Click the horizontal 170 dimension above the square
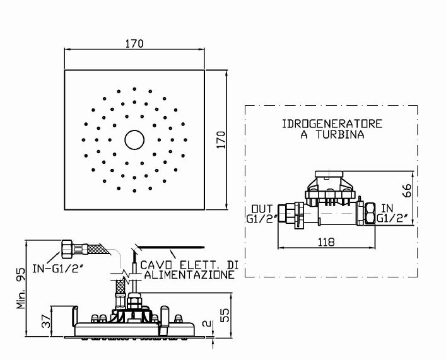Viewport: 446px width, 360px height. [x=134, y=44]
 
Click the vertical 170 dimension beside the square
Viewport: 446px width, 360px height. [x=221, y=139]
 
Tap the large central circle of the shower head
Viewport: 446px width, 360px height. [x=134, y=139]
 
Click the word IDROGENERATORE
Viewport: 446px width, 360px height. [x=332, y=124]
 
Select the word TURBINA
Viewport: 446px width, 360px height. [x=339, y=134]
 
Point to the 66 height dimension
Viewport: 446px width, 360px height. [x=407, y=190]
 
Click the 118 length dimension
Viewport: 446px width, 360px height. [x=326, y=242]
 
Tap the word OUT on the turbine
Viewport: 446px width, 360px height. [x=262, y=209]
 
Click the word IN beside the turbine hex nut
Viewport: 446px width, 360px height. [x=387, y=209]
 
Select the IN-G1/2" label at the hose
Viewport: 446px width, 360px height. [x=57, y=269]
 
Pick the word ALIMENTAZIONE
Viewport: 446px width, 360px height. [x=190, y=275]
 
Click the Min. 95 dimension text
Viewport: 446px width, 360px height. [x=21, y=288]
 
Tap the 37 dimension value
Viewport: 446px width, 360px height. [x=47, y=321]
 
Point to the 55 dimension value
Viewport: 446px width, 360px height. [x=225, y=315]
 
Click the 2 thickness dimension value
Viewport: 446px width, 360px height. [x=207, y=323]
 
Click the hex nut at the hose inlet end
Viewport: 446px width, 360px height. [x=67, y=249]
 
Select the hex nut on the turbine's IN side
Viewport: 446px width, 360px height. [x=370, y=213]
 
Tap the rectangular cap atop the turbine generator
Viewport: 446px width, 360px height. [x=329, y=174]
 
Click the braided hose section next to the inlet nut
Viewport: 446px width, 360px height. [x=99, y=250]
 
